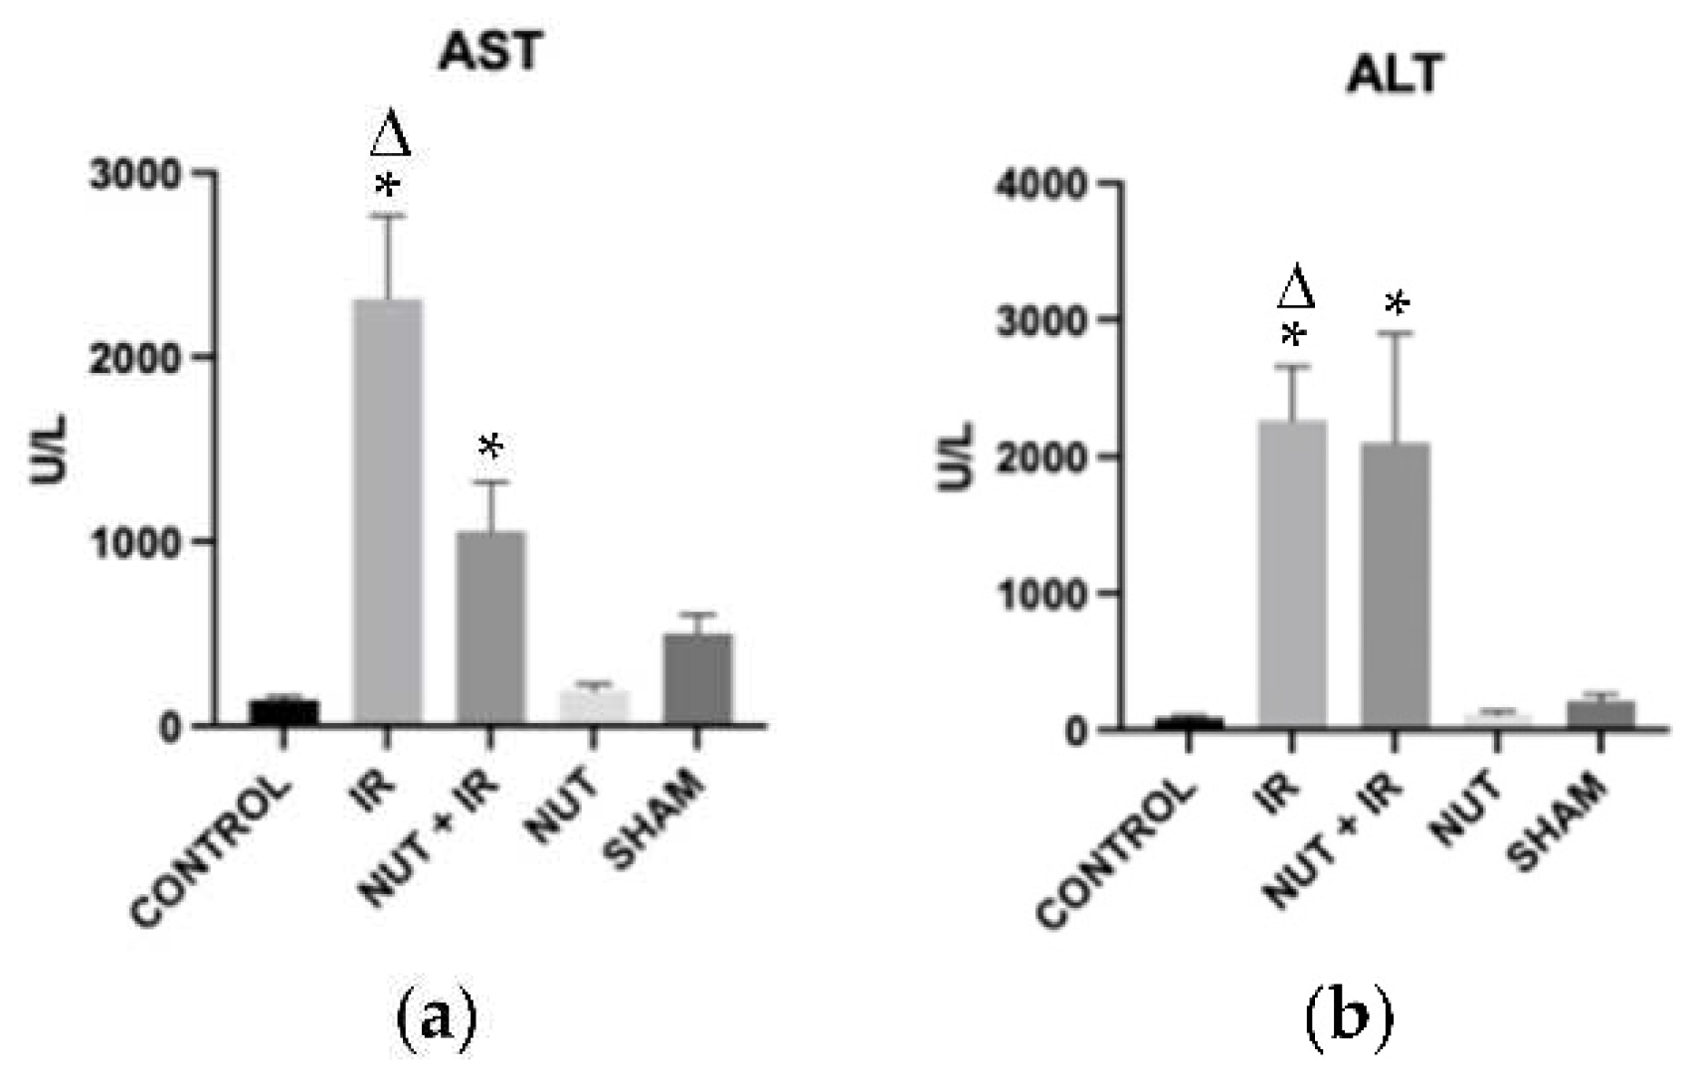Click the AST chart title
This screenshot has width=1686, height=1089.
pos(490,51)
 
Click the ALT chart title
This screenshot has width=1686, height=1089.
pos(1394,75)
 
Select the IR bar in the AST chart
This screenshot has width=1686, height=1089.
pos(388,511)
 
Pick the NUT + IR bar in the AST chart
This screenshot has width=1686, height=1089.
pos(490,628)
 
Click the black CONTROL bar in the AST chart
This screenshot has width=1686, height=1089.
pos(284,712)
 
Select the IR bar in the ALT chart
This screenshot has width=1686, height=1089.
pos(1292,574)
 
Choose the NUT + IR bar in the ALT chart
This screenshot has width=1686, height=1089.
pos(1396,586)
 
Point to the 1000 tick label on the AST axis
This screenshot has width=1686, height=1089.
pos(135,543)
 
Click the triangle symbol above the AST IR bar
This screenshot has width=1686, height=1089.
pos(390,135)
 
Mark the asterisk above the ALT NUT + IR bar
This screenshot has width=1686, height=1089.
pos(1398,303)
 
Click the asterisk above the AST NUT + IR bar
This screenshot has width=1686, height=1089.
pos(490,447)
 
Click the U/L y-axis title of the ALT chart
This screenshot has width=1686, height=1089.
pos(957,456)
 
